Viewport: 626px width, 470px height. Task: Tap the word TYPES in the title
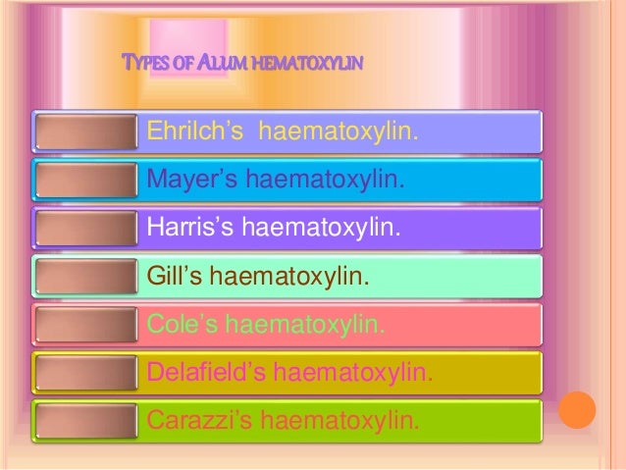(141, 65)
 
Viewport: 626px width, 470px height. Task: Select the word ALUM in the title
(217, 65)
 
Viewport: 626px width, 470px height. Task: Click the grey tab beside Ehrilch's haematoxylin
(83, 131)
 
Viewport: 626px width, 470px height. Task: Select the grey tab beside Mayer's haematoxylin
(83, 180)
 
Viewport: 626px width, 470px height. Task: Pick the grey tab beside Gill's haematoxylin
(83, 277)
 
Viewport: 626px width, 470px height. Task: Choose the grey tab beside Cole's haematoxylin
(83, 325)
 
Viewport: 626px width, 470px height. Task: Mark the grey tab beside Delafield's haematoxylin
(83, 373)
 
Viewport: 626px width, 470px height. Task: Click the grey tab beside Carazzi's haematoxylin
(83, 422)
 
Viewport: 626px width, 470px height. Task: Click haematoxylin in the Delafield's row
(352, 373)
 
